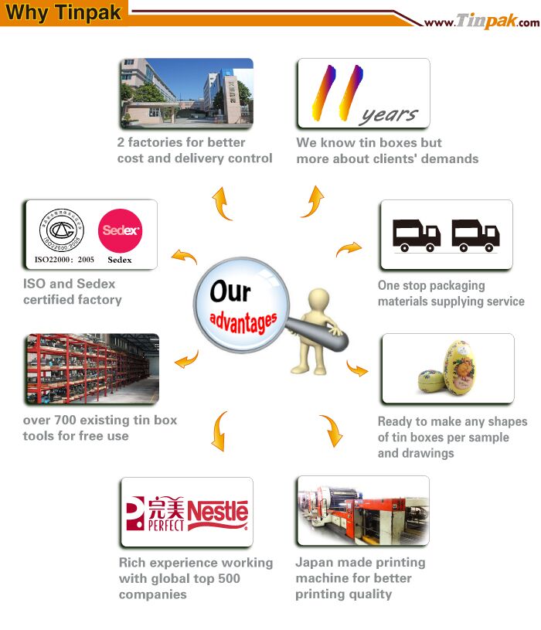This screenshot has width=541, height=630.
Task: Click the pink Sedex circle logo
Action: coord(120,230)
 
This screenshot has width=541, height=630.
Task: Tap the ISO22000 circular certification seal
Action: coord(62,230)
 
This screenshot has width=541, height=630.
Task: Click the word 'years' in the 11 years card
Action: coord(390,116)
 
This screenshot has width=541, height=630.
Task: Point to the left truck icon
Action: coord(416,236)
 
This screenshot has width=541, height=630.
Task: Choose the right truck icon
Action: coord(475,236)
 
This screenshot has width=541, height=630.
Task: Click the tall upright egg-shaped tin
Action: coord(459,367)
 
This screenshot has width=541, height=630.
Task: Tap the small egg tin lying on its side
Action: coord(431,381)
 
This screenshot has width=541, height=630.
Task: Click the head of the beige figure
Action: coord(319,298)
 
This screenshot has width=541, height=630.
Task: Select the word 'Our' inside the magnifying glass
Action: coord(230,291)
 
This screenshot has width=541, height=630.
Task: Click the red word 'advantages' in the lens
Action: coord(243,322)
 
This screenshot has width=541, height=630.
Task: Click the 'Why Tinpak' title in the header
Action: coord(63,12)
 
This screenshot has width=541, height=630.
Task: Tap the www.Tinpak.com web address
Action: coord(482,21)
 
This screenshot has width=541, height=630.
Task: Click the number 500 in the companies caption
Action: coord(229,578)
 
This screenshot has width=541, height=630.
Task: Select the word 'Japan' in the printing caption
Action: coord(311,564)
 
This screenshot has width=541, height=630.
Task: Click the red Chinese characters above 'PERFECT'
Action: coord(166,507)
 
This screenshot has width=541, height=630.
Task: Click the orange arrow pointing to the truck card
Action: coord(349,249)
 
